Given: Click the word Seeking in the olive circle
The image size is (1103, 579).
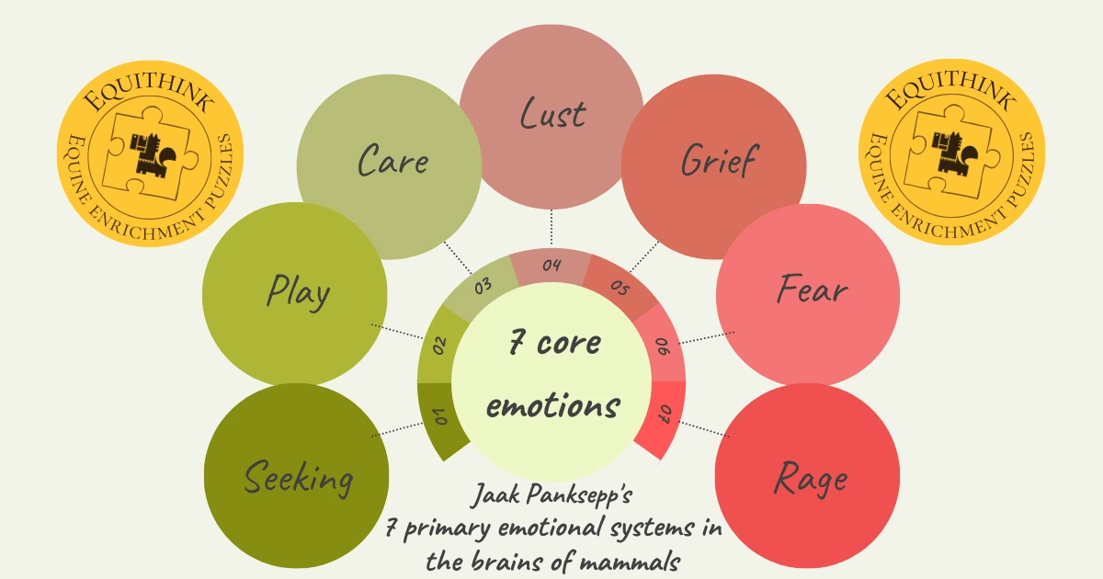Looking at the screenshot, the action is click(299, 480).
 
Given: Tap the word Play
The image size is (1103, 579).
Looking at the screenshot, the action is click(298, 293).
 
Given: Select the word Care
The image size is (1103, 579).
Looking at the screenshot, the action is click(392, 162).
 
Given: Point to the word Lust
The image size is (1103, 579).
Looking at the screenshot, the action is click(552, 115).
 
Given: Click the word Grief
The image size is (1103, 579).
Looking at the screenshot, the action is click(718, 161).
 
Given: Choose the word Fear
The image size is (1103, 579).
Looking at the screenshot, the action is click(812, 291).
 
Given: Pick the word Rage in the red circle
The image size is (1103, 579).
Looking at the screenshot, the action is click(810, 478).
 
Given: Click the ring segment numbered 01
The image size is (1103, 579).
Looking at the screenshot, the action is click(440, 418).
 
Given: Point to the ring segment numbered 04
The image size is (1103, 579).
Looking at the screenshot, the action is click(551, 267).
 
